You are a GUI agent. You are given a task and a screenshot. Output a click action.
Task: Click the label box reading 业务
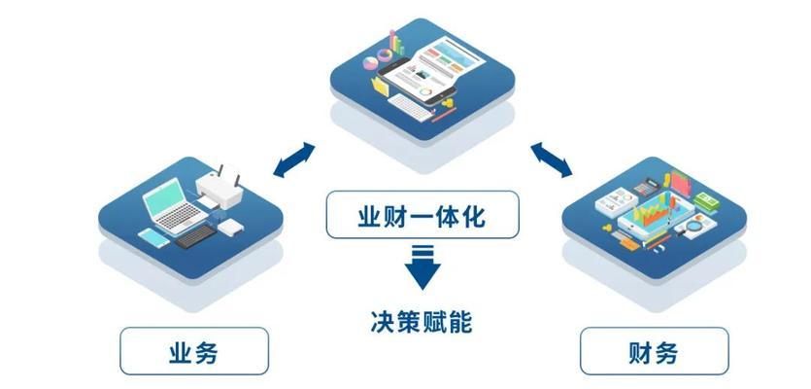tap(194, 351)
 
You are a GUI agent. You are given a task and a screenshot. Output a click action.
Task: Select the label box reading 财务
tap(655, 351)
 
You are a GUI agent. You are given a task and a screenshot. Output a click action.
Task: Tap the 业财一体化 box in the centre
tap(422, 215)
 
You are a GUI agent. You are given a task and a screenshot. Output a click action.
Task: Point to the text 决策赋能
tap(422, 322)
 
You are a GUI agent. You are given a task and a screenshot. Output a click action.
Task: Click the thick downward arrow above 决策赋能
tap(422, 267)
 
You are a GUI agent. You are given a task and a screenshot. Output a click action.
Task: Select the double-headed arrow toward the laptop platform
tap(293, 160)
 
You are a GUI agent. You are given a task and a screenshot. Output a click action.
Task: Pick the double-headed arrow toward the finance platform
tap(552, 160)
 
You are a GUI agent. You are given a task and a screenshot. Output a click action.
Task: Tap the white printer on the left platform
tap(220, 188)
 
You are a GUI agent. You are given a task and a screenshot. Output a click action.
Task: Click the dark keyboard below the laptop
tap(196, 236)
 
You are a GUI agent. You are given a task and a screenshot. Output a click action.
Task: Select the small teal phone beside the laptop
tap(153, 237)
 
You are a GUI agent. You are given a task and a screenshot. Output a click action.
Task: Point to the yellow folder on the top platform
tap(380, 86)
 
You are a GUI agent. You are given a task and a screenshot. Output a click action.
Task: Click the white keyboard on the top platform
tap(410, 108)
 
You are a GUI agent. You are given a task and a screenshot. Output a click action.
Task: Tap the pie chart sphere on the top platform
tap(370, 63)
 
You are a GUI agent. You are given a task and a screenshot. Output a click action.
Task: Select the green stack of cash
tap(706, 201)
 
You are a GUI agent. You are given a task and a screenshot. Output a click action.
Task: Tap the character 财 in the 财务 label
tap(641, 351)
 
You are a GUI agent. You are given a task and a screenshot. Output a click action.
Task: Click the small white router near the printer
tap(230, 227)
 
